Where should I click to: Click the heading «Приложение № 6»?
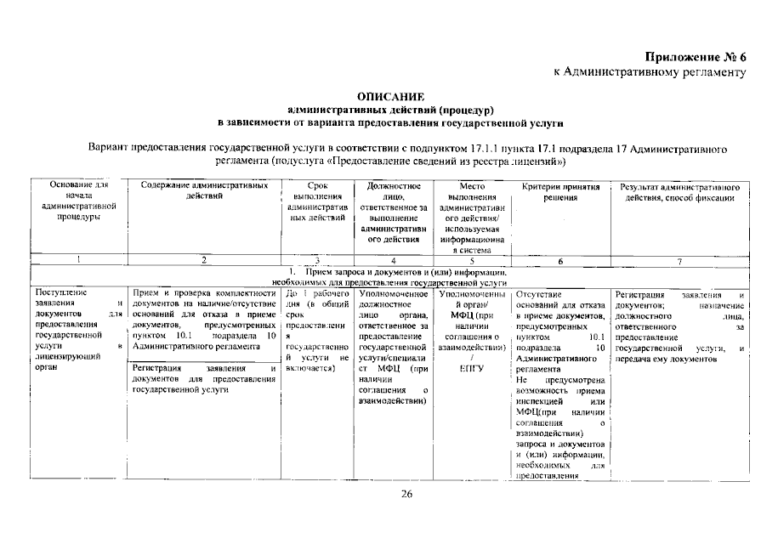pos(695,57)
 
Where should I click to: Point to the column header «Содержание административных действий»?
pos(203,190)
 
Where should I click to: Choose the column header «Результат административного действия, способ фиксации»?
pos(679,191)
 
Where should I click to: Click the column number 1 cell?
pos(78,261)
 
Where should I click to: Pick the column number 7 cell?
pos(679,261)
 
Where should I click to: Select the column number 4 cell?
pos(394,261)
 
